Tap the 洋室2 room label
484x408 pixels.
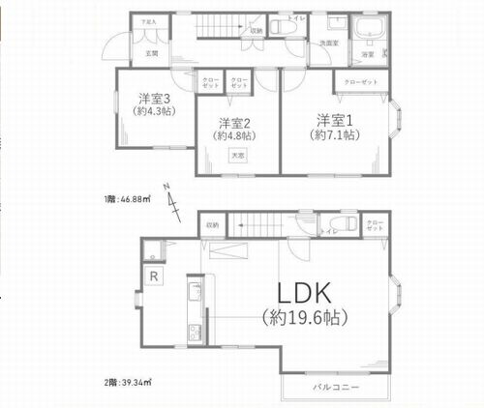235,123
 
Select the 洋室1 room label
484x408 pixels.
332,119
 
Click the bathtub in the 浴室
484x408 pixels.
368,29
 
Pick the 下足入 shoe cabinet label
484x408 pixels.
147,20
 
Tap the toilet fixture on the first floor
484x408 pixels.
287,27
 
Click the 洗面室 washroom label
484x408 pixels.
330,44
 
